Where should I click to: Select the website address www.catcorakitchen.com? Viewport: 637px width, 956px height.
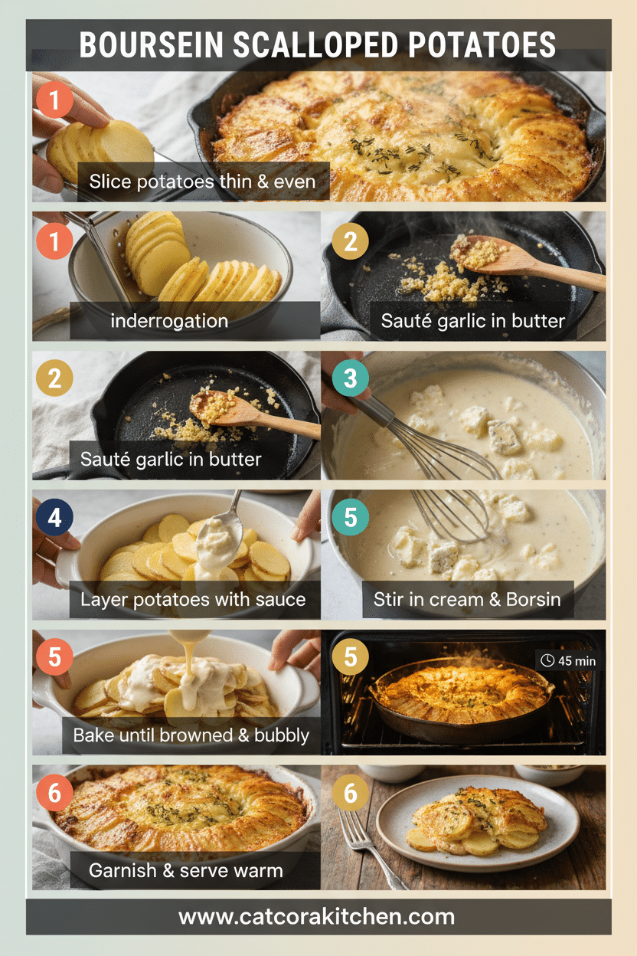tap(317, 916)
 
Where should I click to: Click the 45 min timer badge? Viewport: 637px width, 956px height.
tap(567, 660)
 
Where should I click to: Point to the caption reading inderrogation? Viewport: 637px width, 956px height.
tap(169, 320)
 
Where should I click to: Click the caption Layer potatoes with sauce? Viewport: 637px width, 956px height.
tap(193, 599)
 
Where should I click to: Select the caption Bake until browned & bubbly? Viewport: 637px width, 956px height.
tap(191, 735)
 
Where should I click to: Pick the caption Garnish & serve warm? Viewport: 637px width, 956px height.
tap(186, 870)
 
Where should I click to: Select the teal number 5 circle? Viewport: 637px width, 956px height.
tap(350, 518)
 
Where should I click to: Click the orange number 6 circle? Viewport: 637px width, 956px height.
tap(54, 793)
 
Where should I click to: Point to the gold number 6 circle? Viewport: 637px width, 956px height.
tap(350, 793)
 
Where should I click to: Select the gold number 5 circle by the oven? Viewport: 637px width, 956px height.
tap(350, 656)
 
